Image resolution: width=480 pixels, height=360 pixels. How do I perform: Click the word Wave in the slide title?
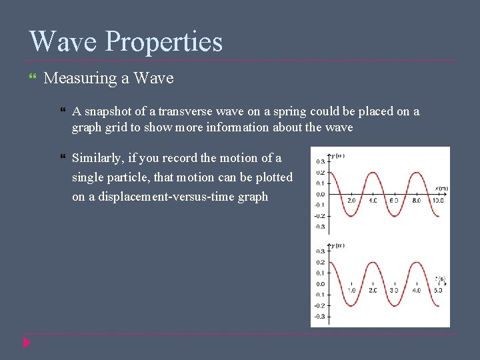pos(63,41)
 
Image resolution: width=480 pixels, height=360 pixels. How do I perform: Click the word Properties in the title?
pos(164,43)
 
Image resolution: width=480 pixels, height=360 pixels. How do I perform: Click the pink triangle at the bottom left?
pos(26,343)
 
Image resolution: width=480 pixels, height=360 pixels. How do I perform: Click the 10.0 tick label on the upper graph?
pos(437,201)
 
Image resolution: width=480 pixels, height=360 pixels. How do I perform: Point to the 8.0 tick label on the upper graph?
pos(415,201)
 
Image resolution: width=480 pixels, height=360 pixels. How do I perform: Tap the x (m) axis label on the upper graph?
pos(441,189)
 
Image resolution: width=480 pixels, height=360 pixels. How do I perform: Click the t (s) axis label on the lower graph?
pos(441,278)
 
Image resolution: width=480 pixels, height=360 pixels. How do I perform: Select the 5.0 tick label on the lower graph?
pos(437,291)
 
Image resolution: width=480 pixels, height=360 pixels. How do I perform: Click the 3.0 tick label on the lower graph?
pos(394,291)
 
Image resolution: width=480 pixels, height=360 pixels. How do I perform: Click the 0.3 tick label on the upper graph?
pos(321,161)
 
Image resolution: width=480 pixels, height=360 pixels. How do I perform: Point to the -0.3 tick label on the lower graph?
pos(320,316)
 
